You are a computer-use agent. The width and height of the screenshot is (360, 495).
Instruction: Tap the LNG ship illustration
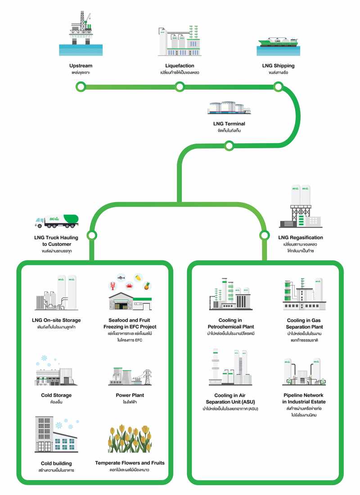[278, 42]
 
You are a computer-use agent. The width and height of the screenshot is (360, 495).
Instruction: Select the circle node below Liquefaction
[180, 86]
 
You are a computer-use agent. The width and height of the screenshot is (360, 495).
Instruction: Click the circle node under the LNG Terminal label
[229, 145]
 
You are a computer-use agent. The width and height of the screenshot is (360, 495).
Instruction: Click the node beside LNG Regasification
[264, 235]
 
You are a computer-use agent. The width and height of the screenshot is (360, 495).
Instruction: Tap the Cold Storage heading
[56, 395]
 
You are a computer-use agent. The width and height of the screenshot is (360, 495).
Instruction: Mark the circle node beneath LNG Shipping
[279, 86]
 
